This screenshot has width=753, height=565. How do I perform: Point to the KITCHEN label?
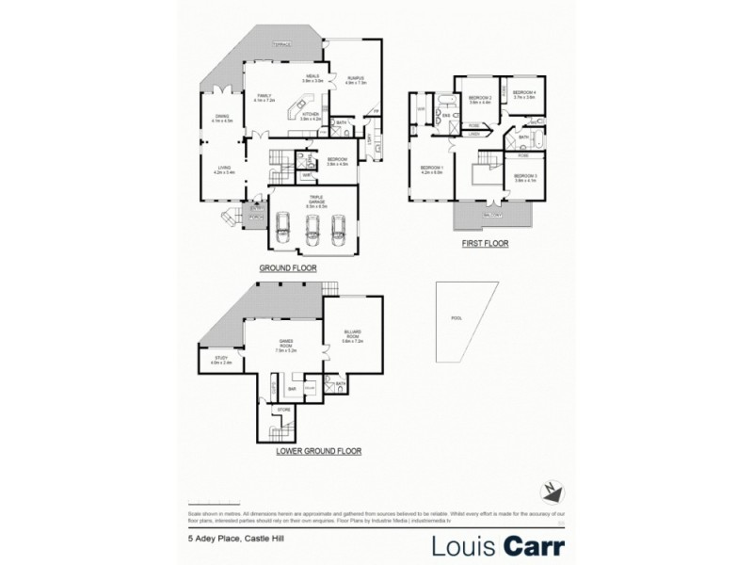[x=311, y=115]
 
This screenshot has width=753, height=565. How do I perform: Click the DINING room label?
[x=222, y=118]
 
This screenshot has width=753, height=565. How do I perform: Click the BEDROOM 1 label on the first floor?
[x=431, y=170]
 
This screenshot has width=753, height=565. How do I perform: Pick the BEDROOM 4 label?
[x=523, y=94]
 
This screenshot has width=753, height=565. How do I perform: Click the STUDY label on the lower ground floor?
[x=221, y=359]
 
